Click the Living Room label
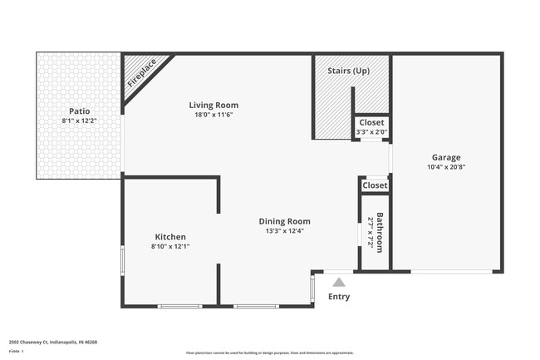(214, 105)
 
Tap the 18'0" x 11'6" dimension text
(214, 115)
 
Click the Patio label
(79, 111)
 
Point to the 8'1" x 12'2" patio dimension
(79, 121)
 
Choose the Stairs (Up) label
(350, 71)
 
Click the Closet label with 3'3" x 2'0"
(371, 122)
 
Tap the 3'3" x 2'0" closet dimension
(371, 131)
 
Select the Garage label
(445, 157)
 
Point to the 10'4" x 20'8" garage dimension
(445, 167)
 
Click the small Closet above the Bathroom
(375, 185)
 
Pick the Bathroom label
(380, 234)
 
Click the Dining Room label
(284, 221)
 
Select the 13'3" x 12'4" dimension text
(284, 231)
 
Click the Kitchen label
(169, 237)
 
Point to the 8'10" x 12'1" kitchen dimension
(169, 247)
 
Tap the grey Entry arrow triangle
(338, 283)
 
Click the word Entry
(339, 297)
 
